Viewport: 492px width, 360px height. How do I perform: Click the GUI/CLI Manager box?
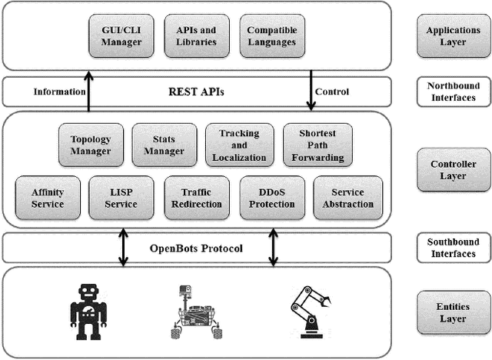[x=121, y=36]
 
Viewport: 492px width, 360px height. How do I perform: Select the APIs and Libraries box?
[x=197, y=36]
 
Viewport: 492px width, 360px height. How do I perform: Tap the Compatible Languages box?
[x=271, y=36]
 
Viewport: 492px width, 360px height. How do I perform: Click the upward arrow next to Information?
[x=89, y=91]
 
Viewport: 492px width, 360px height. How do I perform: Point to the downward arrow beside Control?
[x=311, y=91]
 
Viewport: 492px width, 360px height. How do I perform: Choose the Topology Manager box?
[x=91, y=145]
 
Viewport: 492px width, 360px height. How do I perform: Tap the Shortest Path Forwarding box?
[x=317, y=145]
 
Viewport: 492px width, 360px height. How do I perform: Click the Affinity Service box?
[x=48, y=198]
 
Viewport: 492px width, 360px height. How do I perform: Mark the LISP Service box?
[x=121, y=198]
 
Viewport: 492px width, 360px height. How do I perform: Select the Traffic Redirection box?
[x=197, y=198]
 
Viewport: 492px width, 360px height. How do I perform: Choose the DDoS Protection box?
[x=272, y=198]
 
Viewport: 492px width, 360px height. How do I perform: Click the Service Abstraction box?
[x=347, y=198]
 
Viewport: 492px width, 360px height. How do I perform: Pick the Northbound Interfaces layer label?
[x=453, y=92]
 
